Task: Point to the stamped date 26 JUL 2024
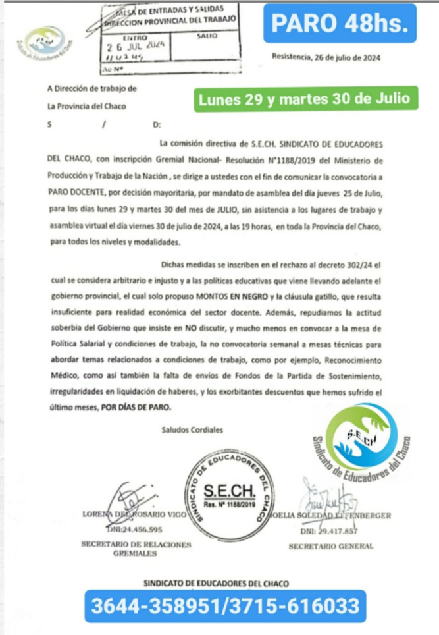138,47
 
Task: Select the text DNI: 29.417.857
329,530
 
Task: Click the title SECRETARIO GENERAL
330,546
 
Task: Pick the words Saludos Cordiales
192,430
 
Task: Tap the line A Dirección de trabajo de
92,88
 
